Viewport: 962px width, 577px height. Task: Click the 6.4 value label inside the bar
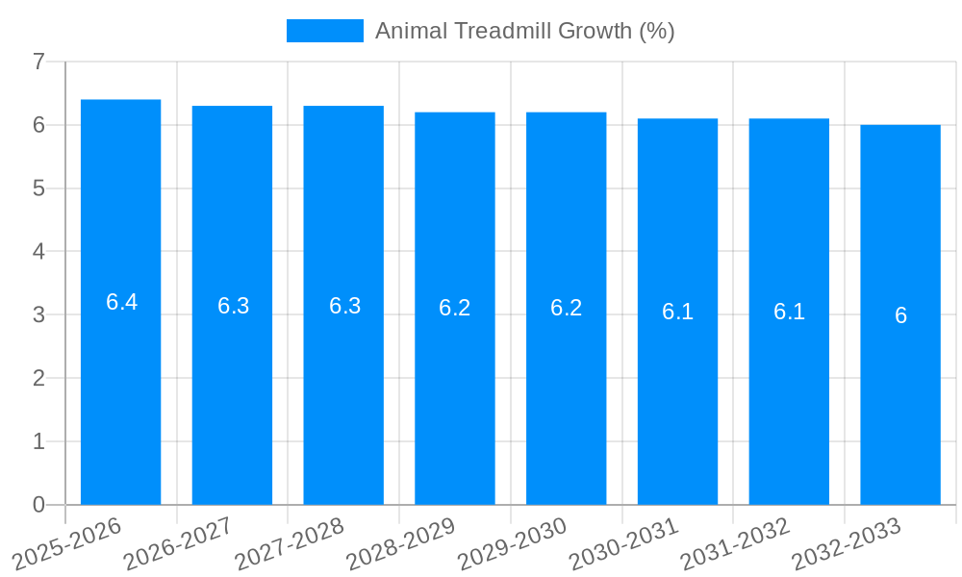[121, 302]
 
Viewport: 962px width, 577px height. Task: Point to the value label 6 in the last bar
[900, 315]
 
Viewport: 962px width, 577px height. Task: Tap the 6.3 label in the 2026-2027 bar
[233, 306]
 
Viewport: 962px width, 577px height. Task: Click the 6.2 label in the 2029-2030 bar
[566, 308]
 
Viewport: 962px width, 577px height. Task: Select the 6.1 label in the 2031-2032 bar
[789, 312]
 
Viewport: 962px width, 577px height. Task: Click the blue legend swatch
[325, 31]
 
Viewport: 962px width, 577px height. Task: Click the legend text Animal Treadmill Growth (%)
[524, 31]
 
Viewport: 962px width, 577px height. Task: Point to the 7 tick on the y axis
[38, 62]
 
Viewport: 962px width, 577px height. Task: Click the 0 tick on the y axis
[38, 505]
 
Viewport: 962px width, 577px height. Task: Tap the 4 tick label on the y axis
[38, 252]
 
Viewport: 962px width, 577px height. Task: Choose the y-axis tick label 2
[38, 378]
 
